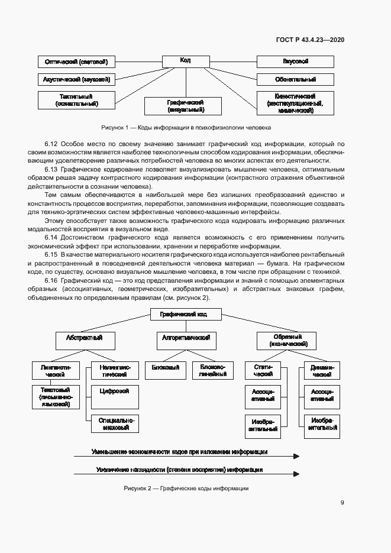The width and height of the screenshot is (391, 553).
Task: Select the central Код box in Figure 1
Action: [x=185, y=60]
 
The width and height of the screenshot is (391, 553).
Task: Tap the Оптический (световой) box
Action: [x=76, y=62]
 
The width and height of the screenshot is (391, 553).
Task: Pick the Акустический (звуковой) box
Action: [x=76, y=79]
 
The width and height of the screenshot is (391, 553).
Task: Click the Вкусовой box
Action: [x=295, y=62]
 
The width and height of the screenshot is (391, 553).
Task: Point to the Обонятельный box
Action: [x=295, y=79]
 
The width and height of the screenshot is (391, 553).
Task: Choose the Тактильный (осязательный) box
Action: [x=76, y=100]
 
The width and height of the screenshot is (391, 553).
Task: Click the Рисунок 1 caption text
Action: [x=186, y=127]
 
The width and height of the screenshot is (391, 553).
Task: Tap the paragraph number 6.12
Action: [x=51, y=144]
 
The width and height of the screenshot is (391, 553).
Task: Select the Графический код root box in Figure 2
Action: [x=185, y=315]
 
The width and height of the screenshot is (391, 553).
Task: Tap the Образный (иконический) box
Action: [x=286, y=340]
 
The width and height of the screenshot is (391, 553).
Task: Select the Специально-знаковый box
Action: [x=115, y=423]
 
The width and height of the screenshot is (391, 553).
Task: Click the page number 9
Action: [x=342, y=503]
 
